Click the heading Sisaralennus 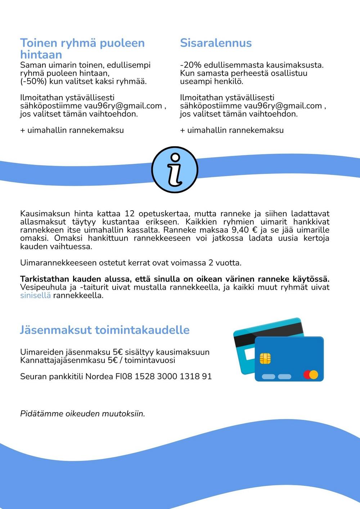click(x=216, y=43)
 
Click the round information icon click(x=175, y=170)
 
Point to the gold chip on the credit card click(x=265, y=358)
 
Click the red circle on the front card click(x=307, y=375)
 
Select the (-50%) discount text click(x=33, y=81)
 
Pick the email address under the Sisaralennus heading click(x=283, y=106)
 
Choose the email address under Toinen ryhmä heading click(x=123, y=106)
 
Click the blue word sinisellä click(x=35, y=296)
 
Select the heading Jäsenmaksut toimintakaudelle click(x=104, y=330)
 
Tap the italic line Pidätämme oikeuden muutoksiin click(x=82, y=414)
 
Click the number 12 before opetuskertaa click(x=130, y=214)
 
